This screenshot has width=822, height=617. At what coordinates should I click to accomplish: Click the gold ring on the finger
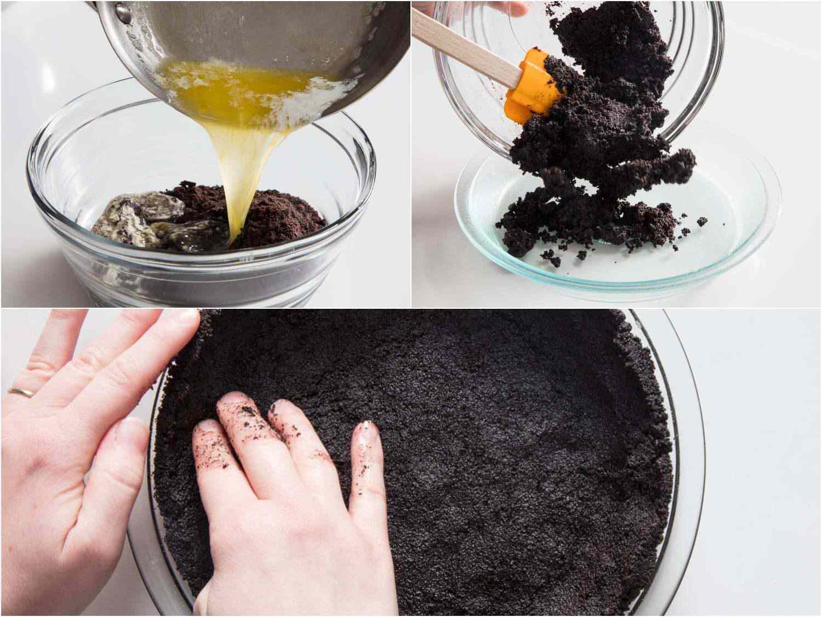[18, 392]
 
